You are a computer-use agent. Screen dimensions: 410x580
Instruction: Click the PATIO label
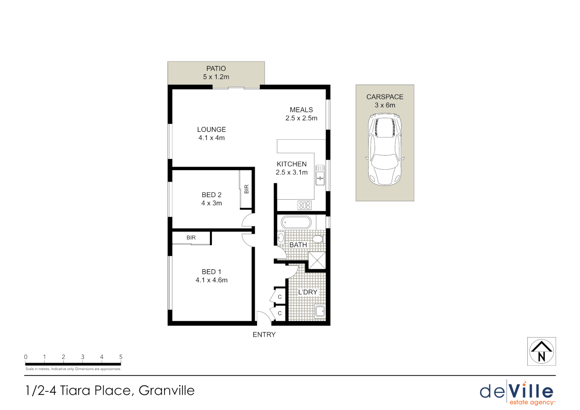pos(216,69)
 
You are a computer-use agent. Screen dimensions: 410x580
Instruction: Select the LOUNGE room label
pos(211,129)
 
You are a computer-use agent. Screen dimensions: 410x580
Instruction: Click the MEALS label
pos(301,110)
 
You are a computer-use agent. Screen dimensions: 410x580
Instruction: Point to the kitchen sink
pos(320,175)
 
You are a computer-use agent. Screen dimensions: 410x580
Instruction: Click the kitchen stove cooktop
pos(304,205)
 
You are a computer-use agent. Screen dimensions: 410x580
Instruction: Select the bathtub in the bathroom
pos(296,222)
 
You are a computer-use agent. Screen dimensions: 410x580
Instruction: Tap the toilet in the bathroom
pos(317,239)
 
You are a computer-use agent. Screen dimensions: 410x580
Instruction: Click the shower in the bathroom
pos(317,260)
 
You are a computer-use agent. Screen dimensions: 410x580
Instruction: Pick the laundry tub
pos(320,311)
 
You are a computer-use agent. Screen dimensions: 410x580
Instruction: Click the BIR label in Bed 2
pos(246,189)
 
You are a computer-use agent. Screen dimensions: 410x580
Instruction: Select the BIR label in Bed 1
pos(191,238)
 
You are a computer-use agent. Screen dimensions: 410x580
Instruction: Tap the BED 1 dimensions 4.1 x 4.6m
pos(211,280)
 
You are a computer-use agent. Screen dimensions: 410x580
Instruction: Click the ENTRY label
pos(264,334)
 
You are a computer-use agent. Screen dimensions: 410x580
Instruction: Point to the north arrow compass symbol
pos(541,352)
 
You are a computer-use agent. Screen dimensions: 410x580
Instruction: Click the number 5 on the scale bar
pos(121,357)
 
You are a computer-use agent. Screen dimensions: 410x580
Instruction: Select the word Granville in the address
pos(167,390)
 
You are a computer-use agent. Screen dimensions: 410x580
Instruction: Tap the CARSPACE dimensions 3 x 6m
pos(385,105)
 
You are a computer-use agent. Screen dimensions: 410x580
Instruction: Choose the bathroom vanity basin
pos(281,238)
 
